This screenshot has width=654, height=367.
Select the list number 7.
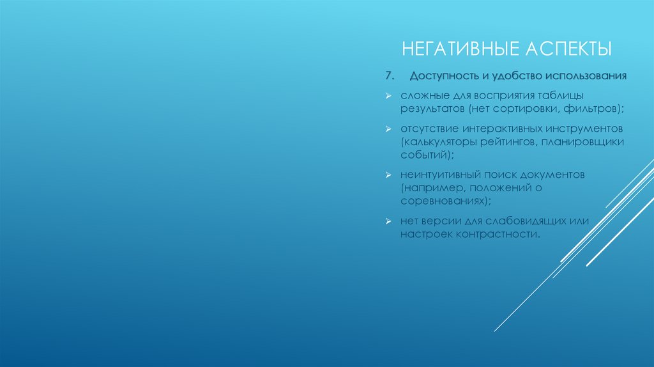tap(389, 76)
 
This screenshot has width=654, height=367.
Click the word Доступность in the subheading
tap(441, 76)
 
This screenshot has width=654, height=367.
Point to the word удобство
tap(513, 76)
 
